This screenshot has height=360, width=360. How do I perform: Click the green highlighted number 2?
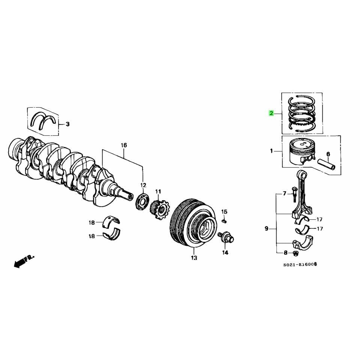271,113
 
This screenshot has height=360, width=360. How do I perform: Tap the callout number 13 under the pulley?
193,258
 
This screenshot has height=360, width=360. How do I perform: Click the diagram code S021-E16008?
300,264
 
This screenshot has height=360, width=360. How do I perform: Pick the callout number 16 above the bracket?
124,145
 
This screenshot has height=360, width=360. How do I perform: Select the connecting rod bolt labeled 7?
294,196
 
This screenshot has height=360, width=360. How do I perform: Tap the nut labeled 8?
295,253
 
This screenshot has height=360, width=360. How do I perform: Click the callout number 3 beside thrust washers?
67,124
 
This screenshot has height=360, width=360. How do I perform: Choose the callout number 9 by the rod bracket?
266,228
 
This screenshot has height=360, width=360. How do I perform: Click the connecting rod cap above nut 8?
303,242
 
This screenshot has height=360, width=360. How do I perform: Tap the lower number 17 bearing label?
319,229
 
